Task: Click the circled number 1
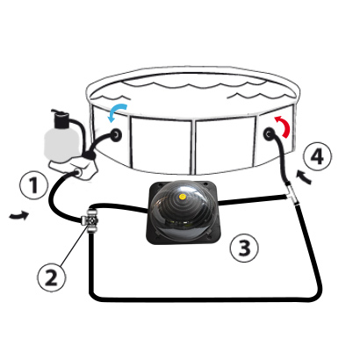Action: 33,185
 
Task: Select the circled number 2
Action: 52,277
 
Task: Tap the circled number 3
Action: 244,248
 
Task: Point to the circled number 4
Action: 317,156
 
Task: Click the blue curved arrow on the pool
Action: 117,111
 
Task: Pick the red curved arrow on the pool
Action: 284,126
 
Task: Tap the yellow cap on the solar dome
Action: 183,197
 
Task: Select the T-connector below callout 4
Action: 292,194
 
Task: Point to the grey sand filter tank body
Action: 61,144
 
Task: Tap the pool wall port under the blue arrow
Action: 116,134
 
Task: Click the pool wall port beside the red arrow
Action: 269,134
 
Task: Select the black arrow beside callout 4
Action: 304,178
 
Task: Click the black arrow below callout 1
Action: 19,216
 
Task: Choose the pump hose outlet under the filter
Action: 78,172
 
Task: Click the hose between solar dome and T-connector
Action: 252,200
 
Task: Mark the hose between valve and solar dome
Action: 121,206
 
